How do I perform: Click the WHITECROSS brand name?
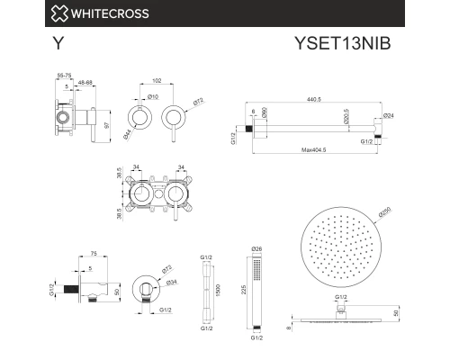[85, 13]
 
